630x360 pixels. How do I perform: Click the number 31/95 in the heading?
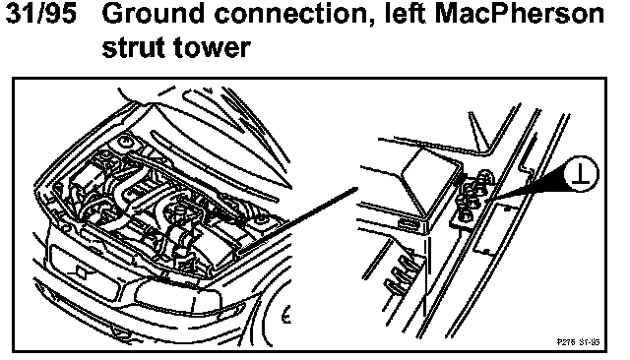41,14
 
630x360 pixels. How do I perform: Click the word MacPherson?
520,14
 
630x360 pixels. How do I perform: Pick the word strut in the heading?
134,47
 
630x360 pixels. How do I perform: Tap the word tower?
213,47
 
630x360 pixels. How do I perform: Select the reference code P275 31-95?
578,341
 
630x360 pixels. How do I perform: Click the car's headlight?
177,297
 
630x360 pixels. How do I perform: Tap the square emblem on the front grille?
81,273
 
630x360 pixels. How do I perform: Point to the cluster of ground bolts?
474,196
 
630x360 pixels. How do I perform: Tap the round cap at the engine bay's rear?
125,142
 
